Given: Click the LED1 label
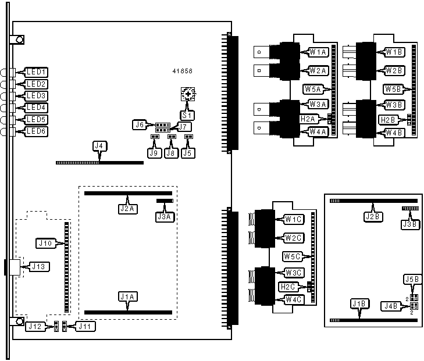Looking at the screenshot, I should coord(37,73).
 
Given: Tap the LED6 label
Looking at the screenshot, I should coord(37,132).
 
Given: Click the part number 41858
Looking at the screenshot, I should coord(182,71).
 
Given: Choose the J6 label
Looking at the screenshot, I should coord(140,124).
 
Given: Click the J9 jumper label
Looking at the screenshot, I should coord(155,153).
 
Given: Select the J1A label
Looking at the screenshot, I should coord(127,296).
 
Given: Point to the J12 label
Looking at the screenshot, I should coord(34,327).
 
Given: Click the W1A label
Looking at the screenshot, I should coord(318,52).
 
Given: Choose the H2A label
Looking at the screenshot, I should coord(308,119).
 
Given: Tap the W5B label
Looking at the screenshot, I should coord(392,89).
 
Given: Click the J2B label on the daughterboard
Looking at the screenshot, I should coord(373,217).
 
